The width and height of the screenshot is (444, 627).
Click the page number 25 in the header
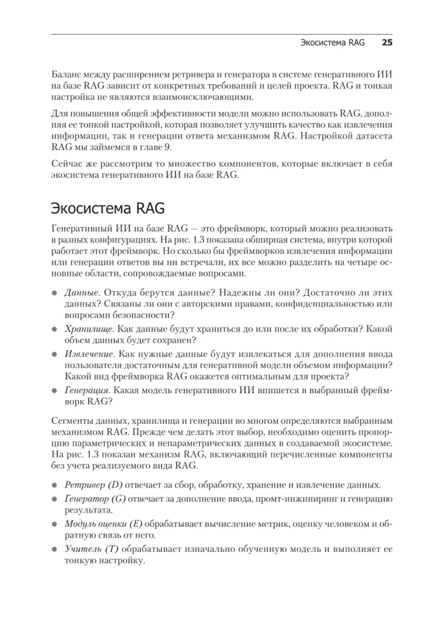pyautogui.click(x=386, y=44)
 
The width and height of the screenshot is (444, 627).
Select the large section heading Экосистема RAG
pyautogui.click(x=109, y=209)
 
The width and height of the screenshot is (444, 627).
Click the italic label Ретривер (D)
pyautogui.click(x=95, y=485)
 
